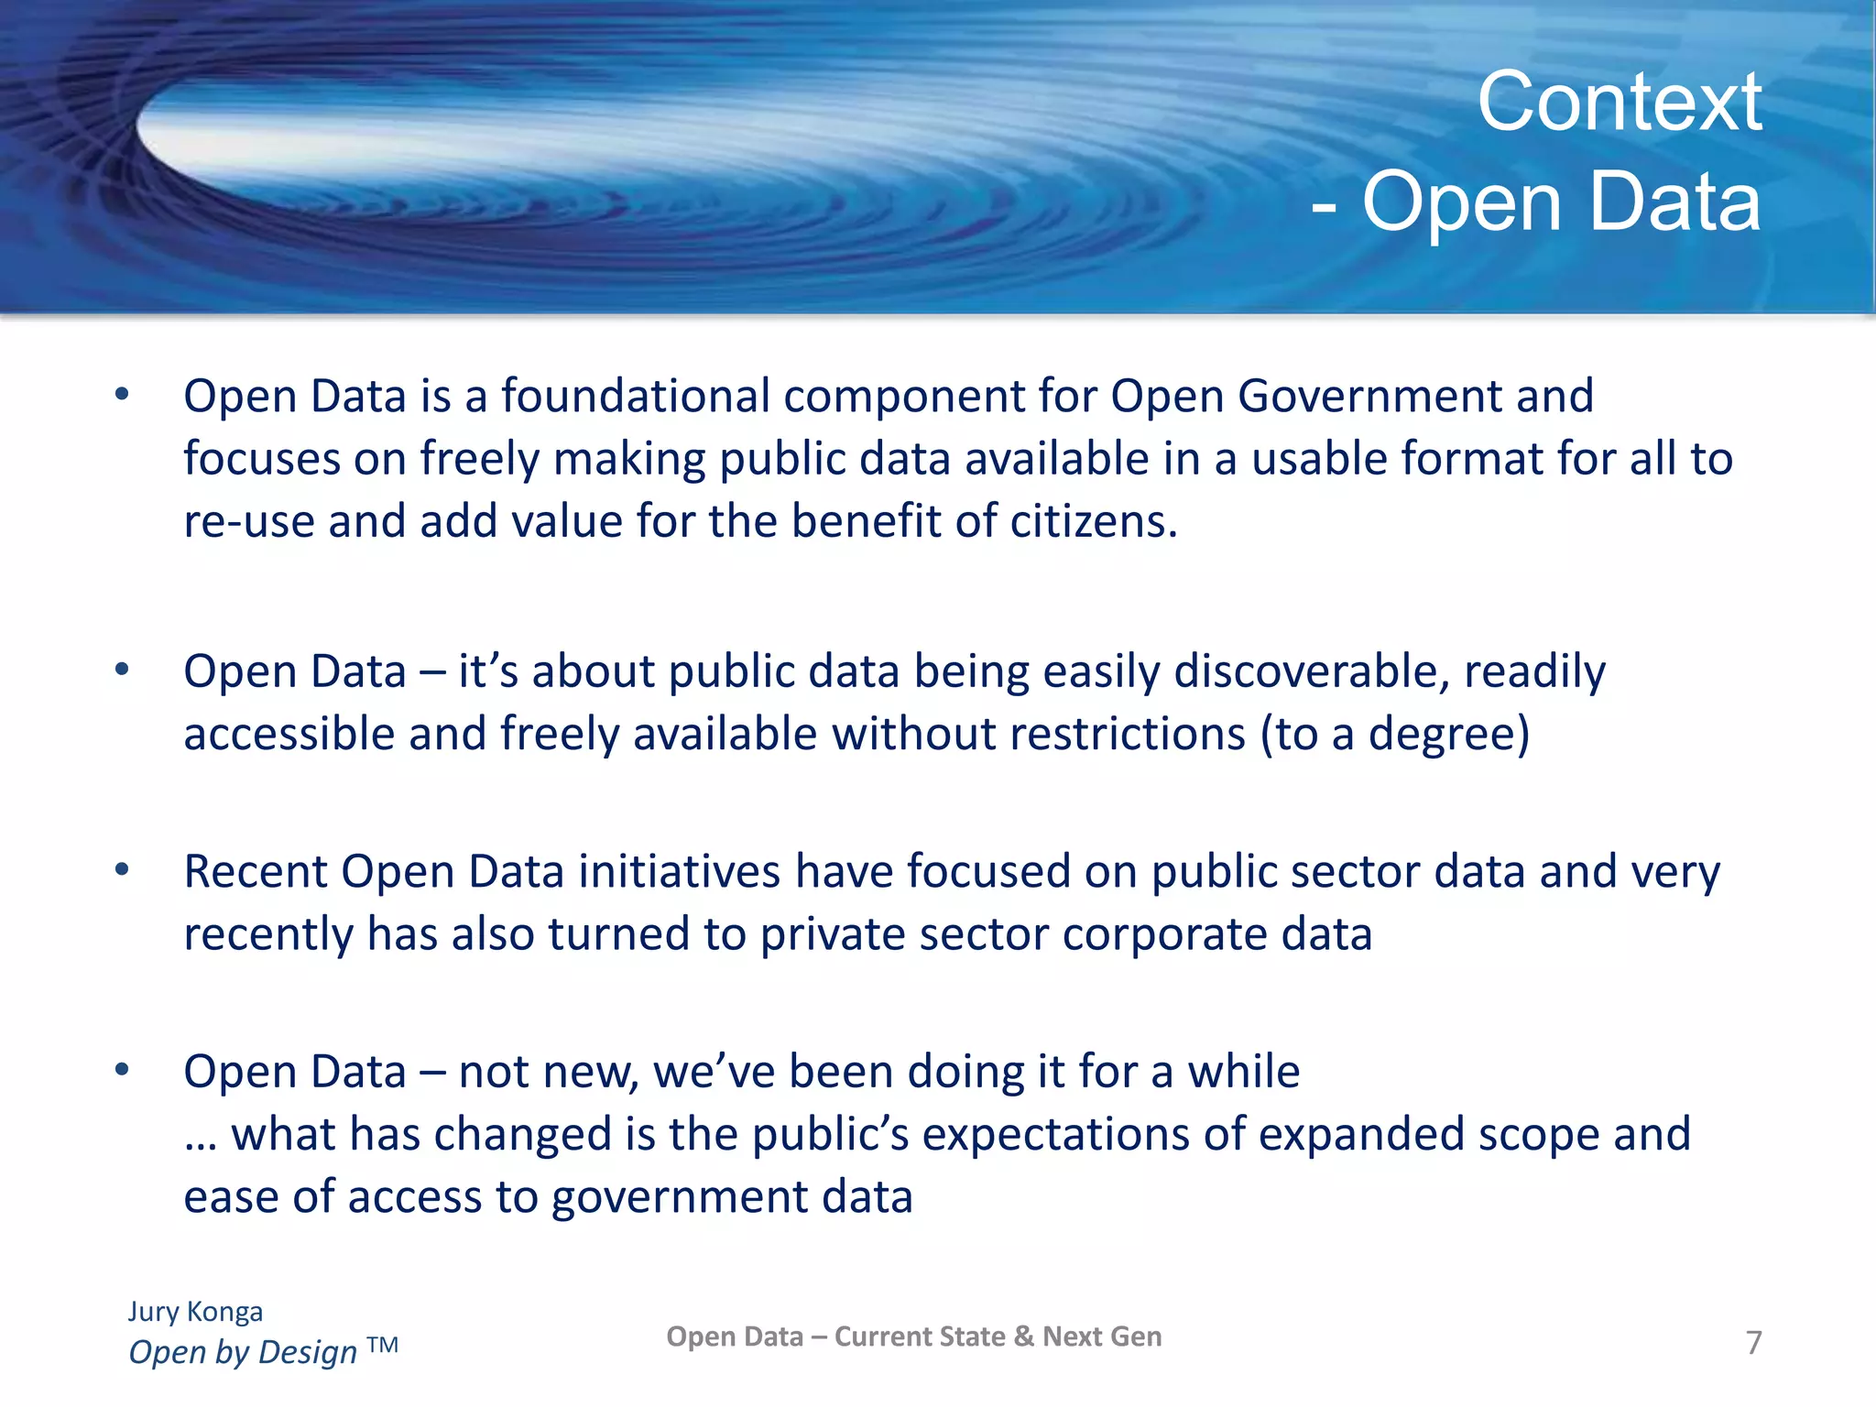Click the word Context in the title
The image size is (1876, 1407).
pyautogui.click(x=1619, y=102)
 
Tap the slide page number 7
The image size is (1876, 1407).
pyautogui.click(x=1753, y=1343)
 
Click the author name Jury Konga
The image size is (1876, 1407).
pyautogui.click(x=195, y=1312)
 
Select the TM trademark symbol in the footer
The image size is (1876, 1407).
pyautogui.click(x=382, y=1345)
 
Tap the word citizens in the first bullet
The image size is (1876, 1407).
pyautogui.click(x=1093, y=521)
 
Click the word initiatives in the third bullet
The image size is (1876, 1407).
pyautogui.click(x=679, y=871)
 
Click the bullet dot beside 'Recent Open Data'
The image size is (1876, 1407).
pyautogui.click(x=122, y=869)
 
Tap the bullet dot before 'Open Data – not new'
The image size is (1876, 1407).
pyautogui.click(x=122, y=1070)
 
